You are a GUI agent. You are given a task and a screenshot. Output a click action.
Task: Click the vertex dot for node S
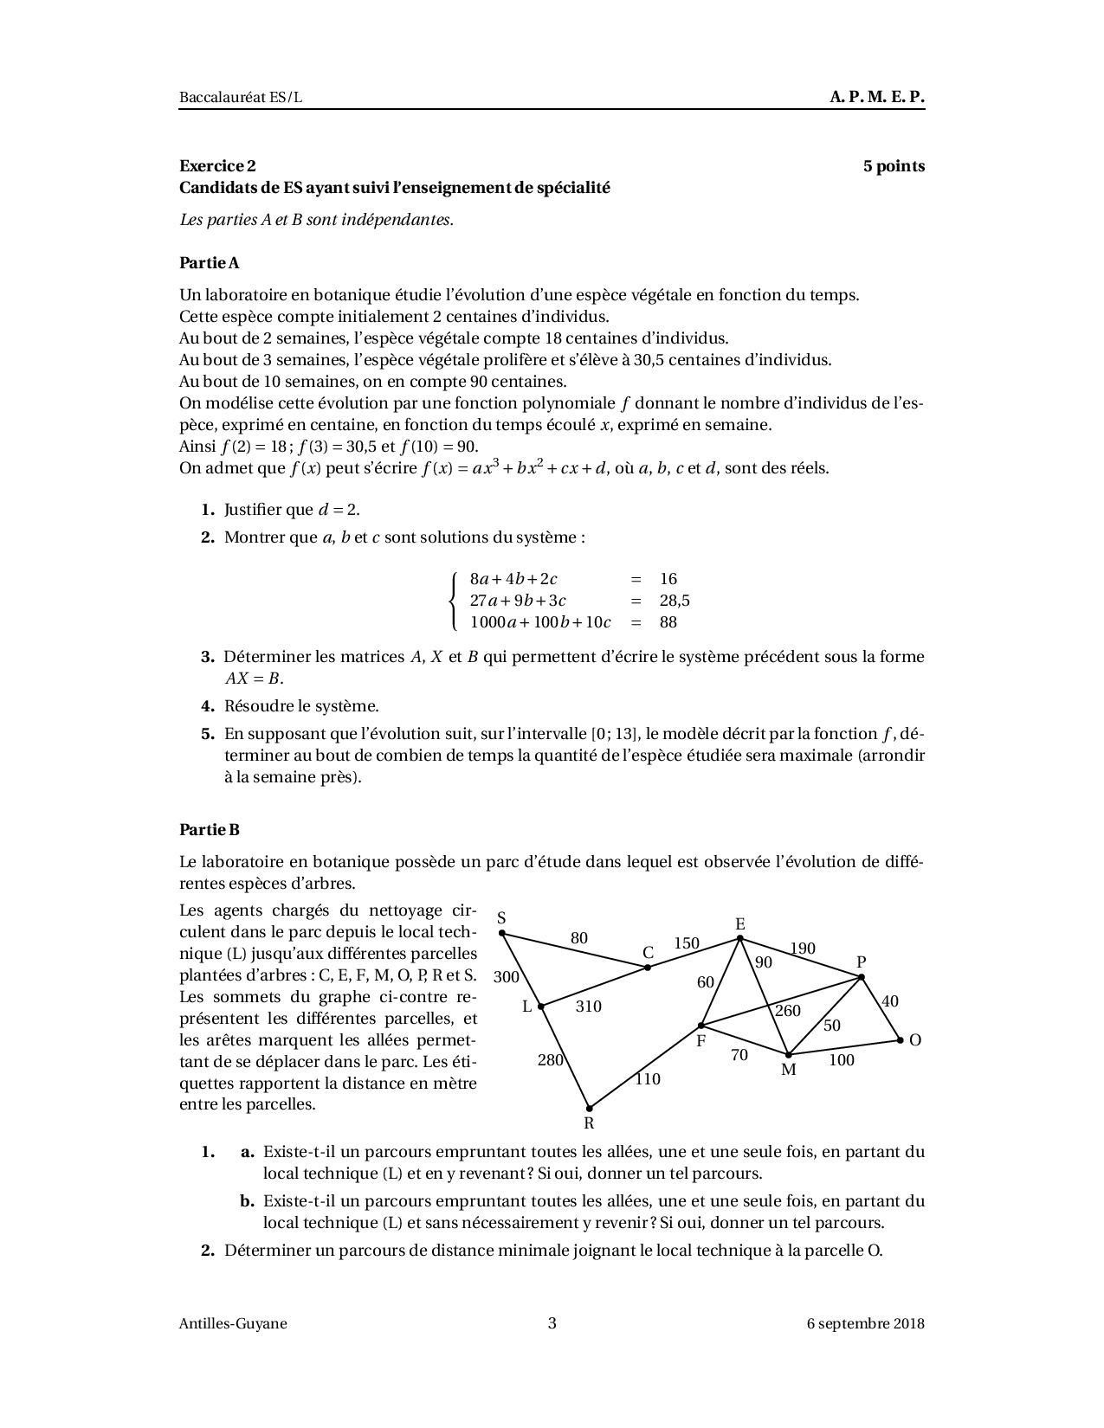coord(503,934)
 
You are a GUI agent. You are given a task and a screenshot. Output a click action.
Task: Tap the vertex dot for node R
coord(590,1108)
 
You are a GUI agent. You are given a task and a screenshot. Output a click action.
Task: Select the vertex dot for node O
coord(900,1039)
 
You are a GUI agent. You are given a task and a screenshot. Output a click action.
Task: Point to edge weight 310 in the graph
coord(588,1007)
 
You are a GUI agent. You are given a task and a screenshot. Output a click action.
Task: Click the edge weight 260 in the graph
coord(787,1011)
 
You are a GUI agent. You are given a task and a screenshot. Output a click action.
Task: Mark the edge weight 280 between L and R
coord(550,1060)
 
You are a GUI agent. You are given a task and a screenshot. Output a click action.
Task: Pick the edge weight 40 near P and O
coord(889,1001)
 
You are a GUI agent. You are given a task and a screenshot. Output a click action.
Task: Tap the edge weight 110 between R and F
coord(647,1079)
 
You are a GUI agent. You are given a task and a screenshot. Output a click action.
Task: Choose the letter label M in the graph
coord(788,1070)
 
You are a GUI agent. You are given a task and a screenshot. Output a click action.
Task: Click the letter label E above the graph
coord(740,924)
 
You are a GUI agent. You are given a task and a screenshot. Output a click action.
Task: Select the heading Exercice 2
coord(217,166)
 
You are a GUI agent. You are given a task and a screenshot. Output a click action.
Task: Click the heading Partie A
coord(209,262)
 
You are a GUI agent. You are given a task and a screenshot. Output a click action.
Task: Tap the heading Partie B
coord(209,830)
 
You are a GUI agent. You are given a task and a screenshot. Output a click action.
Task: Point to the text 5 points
coord(894,166)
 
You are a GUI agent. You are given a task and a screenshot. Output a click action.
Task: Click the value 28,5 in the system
coord(675,601)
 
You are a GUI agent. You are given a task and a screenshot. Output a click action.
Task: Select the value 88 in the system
coord(668,622)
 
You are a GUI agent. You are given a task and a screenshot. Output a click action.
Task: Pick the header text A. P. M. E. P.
coord(877,98)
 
